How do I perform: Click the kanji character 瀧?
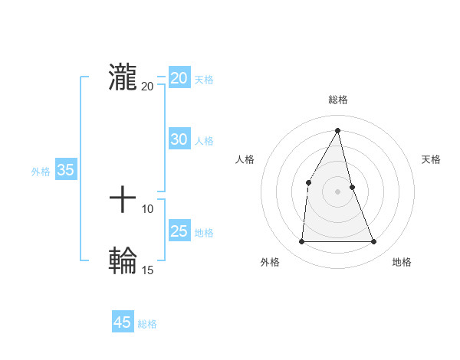[123, 77]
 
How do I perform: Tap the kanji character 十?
[123, 201]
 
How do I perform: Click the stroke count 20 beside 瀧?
[147, 86]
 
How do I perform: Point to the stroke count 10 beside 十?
[147, 208]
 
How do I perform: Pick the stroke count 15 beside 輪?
[147, 270]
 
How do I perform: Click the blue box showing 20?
[179, 77]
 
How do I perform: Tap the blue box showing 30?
[179, 139]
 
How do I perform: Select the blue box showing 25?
[179, 231]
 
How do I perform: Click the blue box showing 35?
[66, 170]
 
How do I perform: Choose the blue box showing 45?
[123, 322]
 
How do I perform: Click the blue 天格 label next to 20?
[204, 79]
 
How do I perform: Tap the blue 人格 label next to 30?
[204, 141]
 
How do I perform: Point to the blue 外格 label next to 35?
[41, 172]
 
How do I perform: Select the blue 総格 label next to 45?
[147, 324]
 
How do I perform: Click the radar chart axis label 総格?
[337, 100]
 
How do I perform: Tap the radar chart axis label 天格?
[431, 159]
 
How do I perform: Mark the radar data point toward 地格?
[374, 242]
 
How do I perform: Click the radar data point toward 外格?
[301, 242]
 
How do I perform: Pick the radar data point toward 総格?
[337, 130]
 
